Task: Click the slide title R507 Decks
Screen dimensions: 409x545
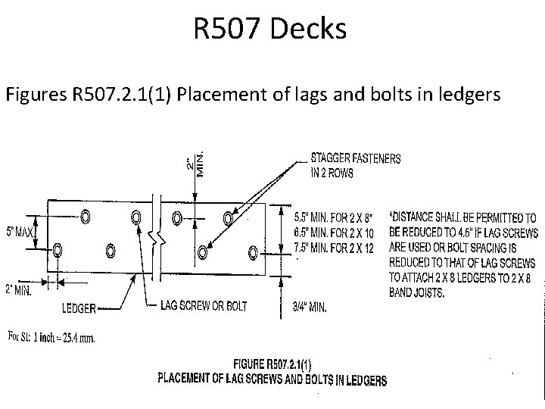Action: (270, 30)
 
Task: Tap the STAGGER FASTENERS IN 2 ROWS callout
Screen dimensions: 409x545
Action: (357, 164)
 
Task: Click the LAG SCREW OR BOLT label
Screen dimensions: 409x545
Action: (204, 306)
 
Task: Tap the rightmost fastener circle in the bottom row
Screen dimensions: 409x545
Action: (253, 250)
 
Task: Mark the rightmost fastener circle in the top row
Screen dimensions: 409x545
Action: (228, 219)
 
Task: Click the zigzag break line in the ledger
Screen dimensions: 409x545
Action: (157, 237)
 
